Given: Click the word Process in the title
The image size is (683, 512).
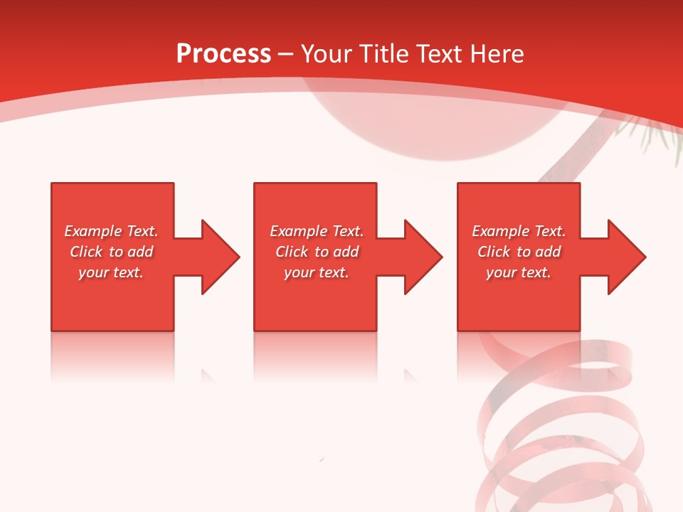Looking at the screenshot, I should pos(223,54).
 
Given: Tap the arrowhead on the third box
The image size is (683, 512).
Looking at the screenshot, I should pos(625,257).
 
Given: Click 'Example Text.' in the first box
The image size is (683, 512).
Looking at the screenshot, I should pos(111,231).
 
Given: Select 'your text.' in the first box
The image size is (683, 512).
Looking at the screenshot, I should pos(111,272).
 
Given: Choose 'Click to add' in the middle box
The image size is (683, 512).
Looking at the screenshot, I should pos(317,252).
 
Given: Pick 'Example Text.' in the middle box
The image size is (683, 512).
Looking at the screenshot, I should pos(317,231).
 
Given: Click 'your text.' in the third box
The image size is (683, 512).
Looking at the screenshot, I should pos(519,272).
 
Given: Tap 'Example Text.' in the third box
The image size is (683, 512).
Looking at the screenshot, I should pos(519,231).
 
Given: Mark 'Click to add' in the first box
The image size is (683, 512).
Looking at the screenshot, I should pos(111,252).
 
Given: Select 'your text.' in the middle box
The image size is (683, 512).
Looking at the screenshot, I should pos(317,272).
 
